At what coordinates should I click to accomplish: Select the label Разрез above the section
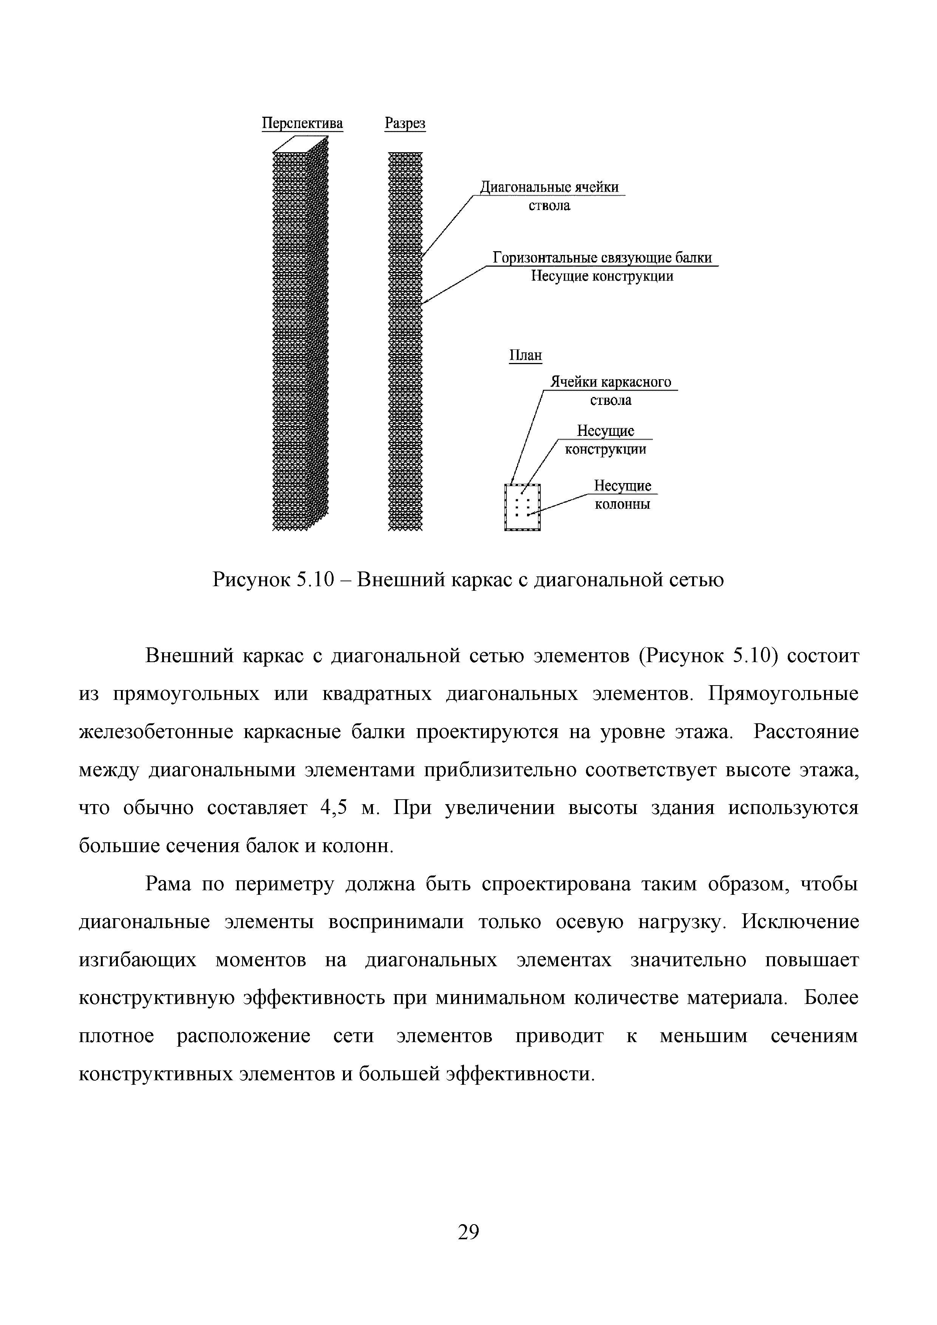(x=405, y=124)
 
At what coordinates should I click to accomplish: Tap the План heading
(x=526, y=355)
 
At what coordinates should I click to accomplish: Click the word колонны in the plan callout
(x=622, y=504)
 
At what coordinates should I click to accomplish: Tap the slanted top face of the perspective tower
(x=300, y=144)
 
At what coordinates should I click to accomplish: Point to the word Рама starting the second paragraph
(x=167, y=883)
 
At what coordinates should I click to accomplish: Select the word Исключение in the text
(x=799, y=922)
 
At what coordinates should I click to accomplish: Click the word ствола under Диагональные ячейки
(x=549, y=206)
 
